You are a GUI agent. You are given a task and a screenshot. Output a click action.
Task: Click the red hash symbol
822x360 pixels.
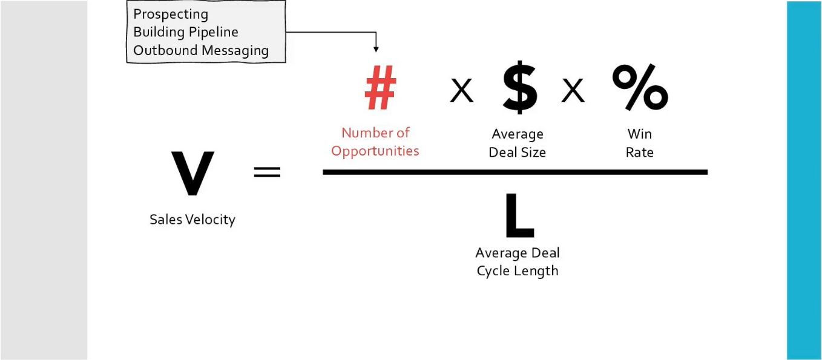(380, 90)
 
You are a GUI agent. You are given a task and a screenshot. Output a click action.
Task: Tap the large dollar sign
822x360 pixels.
(520, 90)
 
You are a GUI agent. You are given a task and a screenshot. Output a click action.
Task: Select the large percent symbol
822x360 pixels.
(640, 88)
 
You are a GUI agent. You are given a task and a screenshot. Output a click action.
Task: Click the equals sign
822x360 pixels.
(267, 172)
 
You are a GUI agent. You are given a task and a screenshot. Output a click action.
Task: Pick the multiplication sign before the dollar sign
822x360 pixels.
(461, 92)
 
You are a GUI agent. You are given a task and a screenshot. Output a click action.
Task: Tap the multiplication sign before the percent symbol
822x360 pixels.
(573, 92)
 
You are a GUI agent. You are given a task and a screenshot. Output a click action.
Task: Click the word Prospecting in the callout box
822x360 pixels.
(171, 14)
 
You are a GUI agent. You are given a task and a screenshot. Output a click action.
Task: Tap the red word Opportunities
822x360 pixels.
(375, 151)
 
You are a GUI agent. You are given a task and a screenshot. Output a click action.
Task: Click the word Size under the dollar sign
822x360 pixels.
(533, 152)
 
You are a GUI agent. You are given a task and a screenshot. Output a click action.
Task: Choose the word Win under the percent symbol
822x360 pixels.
(640, 134)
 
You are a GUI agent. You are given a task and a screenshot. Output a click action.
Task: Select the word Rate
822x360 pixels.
(640, 152)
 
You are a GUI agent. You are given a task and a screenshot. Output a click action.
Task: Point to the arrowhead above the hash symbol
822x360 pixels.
(376, 49)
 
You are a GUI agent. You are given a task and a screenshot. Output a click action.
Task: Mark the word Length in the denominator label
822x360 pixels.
(536, 270)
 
